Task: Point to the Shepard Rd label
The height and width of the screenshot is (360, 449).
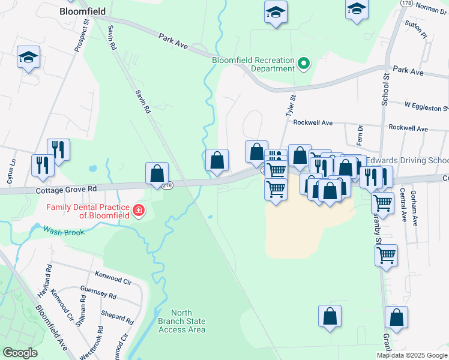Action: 118,318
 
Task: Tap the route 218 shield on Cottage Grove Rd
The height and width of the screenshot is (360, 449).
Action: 167,185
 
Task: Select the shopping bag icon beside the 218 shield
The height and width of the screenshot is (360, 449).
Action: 157,174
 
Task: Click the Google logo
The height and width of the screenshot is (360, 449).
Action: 19,353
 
